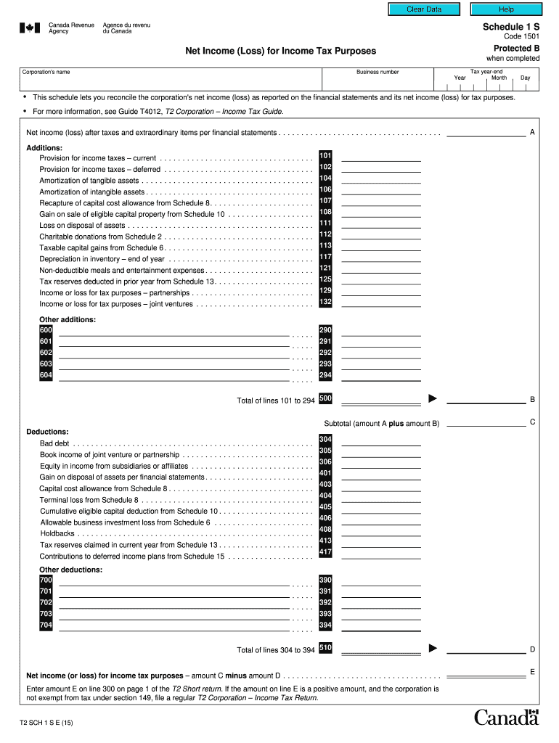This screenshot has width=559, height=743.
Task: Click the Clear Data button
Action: pyautogui.click(x=424, y=9)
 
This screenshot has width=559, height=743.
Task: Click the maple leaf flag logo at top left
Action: pyautogui.click(x=30, y=28)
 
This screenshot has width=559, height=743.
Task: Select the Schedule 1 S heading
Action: pyautogui.click(x=511, y=25)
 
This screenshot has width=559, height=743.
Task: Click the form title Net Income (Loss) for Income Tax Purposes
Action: pyautogui.click(x=281, y=51)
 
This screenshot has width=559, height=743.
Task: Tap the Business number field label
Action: pyautogui.click(x=377, y=72)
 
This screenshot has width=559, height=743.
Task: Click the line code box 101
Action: pyautogui.click(x=325, y=155)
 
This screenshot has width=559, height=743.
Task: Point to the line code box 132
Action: pyautogui.click(x=325, y=302)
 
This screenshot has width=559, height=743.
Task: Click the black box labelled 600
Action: pyautogui.click(x=46, y=329)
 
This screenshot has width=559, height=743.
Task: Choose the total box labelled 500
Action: pyautogui.click(x=325, y=398)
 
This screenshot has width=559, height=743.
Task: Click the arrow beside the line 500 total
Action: pyautogui.click(x=433, y=398)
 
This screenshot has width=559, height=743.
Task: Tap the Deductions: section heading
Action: pyautogui.click(x=47, y=432)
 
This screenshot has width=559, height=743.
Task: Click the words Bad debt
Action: pyautogui.click(x=54, y=443)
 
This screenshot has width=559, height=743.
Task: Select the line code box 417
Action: pyautogui.click(x=325, y=552)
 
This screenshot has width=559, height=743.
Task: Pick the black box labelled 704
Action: pyautogui.click(x=46, y=625)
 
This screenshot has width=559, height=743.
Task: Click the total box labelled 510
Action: pyautogui.click(x=325, y=648)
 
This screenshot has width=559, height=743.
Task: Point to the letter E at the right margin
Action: pyautogui.click(x=532, y=673)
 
